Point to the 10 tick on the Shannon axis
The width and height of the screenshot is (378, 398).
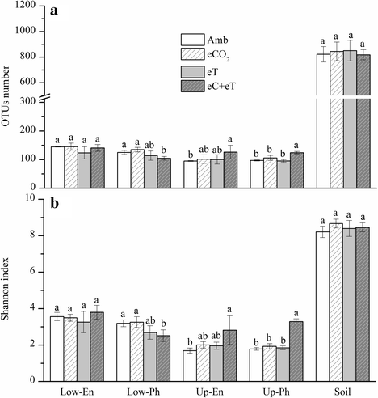click(x=36, y=197)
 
